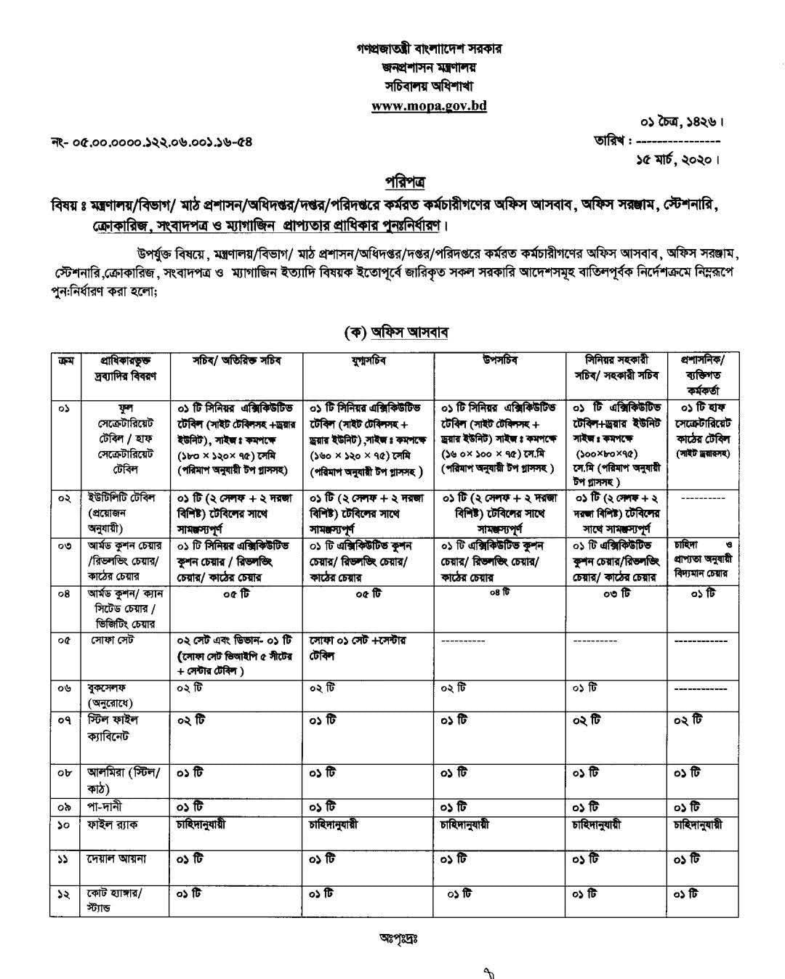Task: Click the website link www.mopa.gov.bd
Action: point(429,105)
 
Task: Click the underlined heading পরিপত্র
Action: point(405,180)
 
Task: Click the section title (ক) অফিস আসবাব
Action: point(396,332)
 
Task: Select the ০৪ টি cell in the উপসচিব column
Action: point(499,592)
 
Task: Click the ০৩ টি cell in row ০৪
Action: point(616,593)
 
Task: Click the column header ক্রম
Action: point(64,360)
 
